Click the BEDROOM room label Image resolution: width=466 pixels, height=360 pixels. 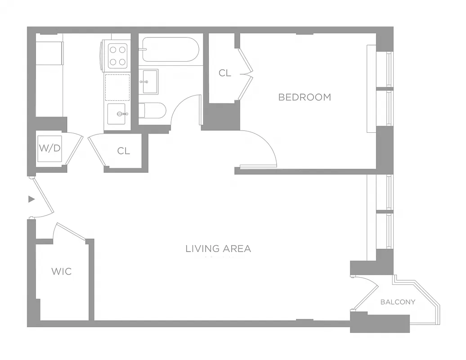pyautogui.click(x=305, y=97)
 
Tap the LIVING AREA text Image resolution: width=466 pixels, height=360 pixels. pyautogui.click(x=218, y=248)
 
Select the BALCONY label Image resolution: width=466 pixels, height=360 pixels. pyautogui.click(x=398, y=302)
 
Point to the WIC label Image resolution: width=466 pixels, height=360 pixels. pyautogui.click(x=61, y=271)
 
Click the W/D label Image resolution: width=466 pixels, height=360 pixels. pyautogui.click(x=49, y=148)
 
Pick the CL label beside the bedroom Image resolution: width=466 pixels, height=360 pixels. pyautogui.click(x=225, y=73)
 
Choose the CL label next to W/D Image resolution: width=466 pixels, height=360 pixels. pyautogui.click(x=124, y=151)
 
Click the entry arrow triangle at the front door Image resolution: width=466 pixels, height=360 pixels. pyautogui.click(x=31, y=199)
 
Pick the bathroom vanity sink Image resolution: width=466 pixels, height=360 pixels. pyautogui.click(x=148, y=81)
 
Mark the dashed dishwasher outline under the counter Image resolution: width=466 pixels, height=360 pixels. pyautogui.click(x=117, y=88)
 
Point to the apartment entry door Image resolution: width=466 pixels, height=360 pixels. pyautogui.click(x=43, y=198)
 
